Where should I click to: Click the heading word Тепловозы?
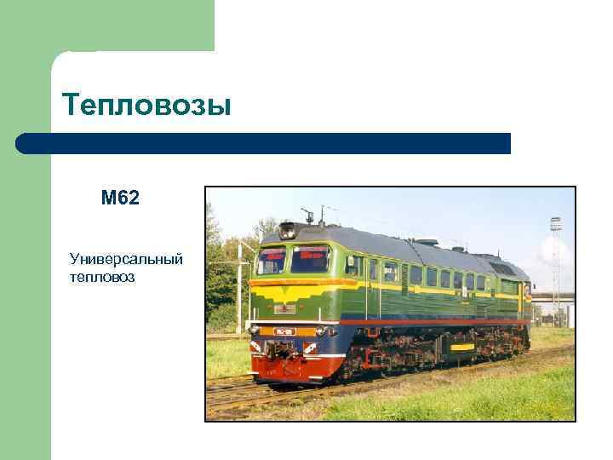(x=146, y=106)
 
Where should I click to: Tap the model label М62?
(x=120, y=198)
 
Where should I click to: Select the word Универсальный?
(x=126, y=258)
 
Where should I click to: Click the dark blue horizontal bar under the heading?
(x=264, y=143)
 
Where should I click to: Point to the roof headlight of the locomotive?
(x=288, y=229)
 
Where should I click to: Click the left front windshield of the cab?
(x=272, y=259)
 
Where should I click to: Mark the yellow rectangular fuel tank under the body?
(x=462, y=347)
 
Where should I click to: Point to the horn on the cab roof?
(x=308, y=212)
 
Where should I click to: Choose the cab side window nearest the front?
(x=351, y=266)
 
